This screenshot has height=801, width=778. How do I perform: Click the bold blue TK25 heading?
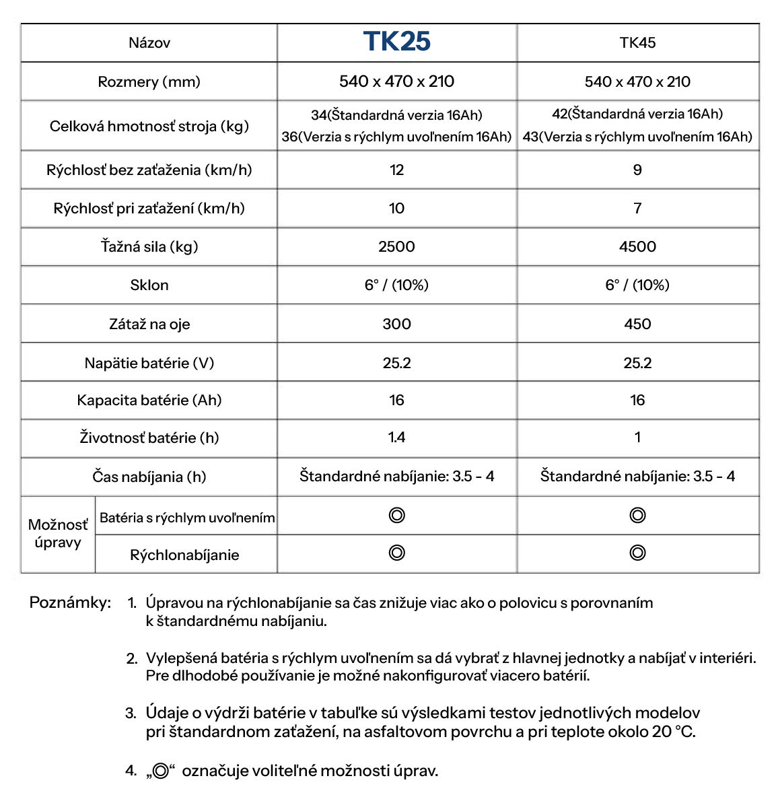point(396,42)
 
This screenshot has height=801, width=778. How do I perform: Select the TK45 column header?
point(637,42)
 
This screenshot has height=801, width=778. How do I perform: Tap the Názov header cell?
point(149,43)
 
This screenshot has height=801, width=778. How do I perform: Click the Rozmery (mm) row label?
point(149,81)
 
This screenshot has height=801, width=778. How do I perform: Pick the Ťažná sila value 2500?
point(396,246)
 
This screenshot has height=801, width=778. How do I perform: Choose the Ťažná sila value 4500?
point(637,246)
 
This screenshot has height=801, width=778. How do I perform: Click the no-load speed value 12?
point(396,170)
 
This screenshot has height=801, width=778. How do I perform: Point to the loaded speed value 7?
point(637,208)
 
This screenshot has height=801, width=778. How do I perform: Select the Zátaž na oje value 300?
point(396,324)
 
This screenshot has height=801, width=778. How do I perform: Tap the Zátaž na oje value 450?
point(637,324)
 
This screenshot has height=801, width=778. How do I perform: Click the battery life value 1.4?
point(396,438)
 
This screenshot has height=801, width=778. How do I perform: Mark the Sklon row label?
point(149,285)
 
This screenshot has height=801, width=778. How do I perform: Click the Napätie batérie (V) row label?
point(149,363)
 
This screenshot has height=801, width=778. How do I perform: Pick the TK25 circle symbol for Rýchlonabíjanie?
point(397,553)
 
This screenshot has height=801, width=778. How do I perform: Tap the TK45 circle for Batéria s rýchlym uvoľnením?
point(637,516)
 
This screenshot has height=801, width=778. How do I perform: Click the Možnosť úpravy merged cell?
point(58,534)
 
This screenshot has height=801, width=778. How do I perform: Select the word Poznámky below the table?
point(70,602)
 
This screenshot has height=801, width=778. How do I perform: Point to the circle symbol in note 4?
point(160,771)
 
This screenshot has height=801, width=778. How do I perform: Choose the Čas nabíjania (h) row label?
point(149,477)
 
